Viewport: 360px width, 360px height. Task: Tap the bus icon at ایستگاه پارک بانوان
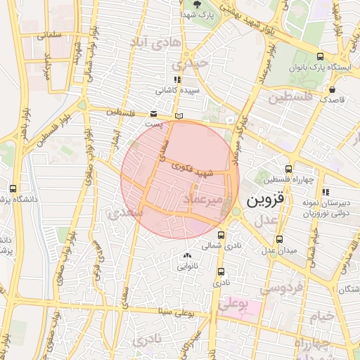pos(321,57)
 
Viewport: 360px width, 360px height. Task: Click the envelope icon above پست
pos(153,113)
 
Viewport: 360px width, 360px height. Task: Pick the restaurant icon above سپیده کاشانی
pos(177,79)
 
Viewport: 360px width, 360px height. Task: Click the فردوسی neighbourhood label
pos(282,288)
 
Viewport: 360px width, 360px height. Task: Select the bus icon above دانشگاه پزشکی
pos(13,188)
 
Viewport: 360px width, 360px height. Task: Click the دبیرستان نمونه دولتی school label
pos(325,205)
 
